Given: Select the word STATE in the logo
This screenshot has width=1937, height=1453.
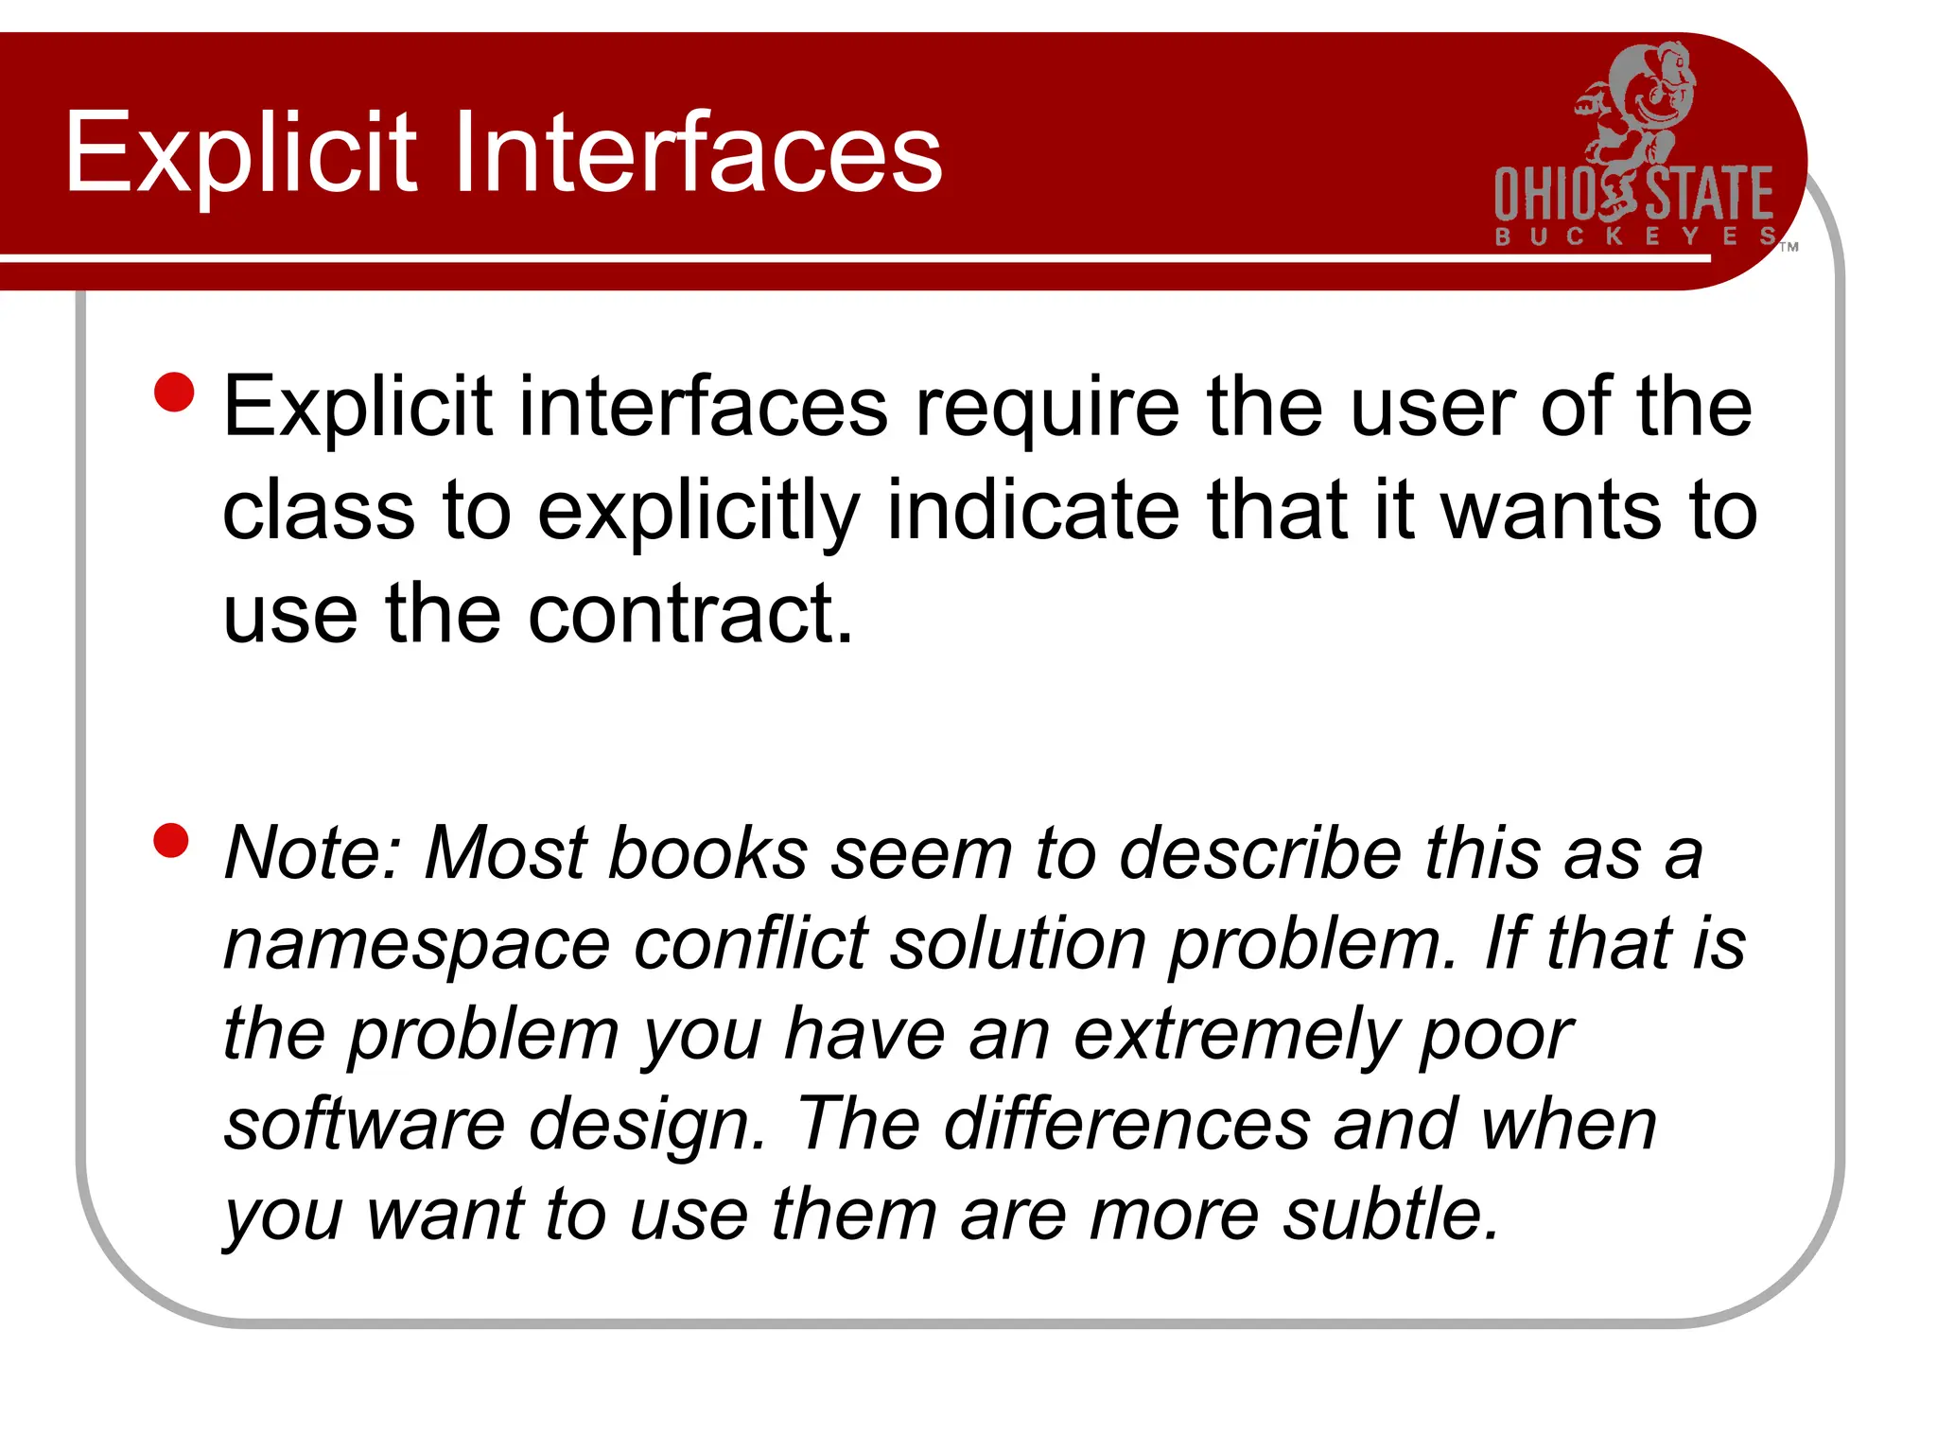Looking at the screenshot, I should coord(1710,195).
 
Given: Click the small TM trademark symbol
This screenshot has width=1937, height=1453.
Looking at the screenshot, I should coord(1789,248).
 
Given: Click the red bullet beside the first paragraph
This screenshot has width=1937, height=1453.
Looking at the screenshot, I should coord(174,392).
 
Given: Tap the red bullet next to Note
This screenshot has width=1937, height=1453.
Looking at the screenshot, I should coord(171,840).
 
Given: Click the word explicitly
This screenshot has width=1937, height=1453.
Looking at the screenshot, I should coord(699,512).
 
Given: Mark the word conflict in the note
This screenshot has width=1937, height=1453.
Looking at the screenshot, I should coord(750,943).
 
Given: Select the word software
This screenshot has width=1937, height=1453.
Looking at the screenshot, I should coord(365,1124).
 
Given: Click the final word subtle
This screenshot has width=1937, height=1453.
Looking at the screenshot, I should coord(1390,1214).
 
